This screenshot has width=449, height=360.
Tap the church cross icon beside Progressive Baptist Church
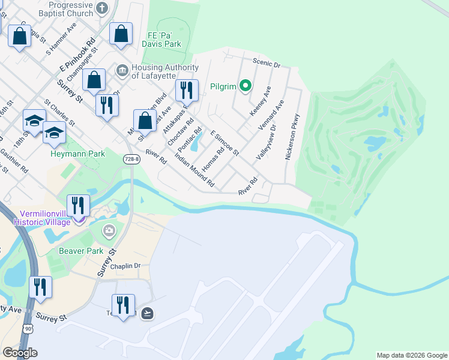(101, 8)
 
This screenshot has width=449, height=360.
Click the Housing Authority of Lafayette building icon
(122, 71)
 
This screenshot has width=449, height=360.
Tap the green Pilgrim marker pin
(245, 86)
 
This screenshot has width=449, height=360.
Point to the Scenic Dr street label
(267, 62)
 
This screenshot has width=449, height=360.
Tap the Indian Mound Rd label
(194, 170)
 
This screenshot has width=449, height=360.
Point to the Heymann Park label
(77, 154)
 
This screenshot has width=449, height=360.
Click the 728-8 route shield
(131, 158)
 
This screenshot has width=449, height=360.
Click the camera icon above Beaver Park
(109, 230)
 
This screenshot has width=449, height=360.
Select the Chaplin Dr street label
(125, 265)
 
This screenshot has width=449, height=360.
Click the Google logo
(19, 353)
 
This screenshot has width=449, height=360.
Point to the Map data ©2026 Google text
(412, 355)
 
